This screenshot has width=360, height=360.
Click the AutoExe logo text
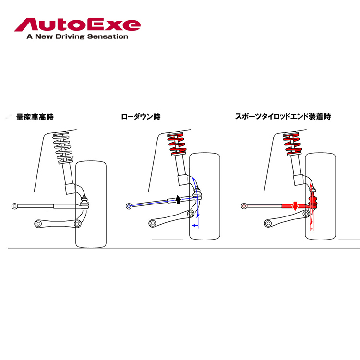point(77,24)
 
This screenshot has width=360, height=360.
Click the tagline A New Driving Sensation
point(77,36)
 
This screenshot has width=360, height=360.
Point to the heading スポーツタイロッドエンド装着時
point(283,117)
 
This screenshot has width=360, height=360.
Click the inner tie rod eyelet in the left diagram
point(15,206)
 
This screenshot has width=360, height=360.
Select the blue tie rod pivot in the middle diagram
point(129,206)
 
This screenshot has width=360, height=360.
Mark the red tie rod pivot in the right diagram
point(244,206)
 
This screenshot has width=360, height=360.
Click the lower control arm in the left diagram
point(58,223)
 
